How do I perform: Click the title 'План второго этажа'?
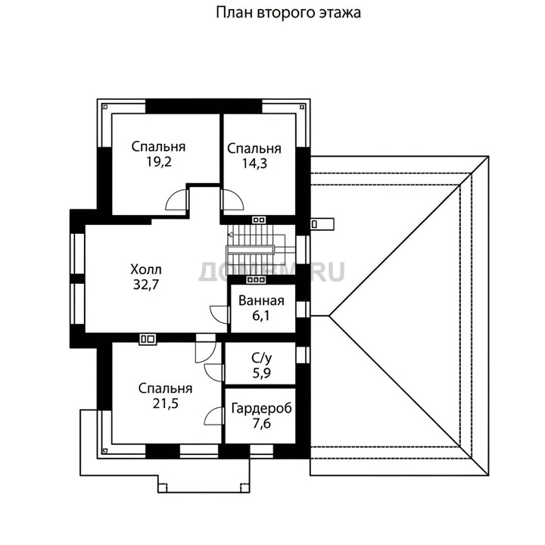point(288,13)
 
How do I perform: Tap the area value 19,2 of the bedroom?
point(159,162)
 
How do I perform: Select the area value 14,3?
point(254,163)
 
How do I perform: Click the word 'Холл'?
point(146,269)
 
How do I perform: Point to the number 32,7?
point(146,285)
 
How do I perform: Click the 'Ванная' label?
point(261,301)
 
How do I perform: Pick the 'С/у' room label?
point(261,358)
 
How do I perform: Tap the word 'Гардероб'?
point(261,409)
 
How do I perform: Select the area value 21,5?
point(166,403)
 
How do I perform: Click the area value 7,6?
point(262,424)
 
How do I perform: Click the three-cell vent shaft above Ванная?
point(256,279)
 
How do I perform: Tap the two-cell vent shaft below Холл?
point(148,339)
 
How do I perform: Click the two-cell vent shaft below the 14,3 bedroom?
point(259,220)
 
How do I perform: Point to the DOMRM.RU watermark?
point(272,272)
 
